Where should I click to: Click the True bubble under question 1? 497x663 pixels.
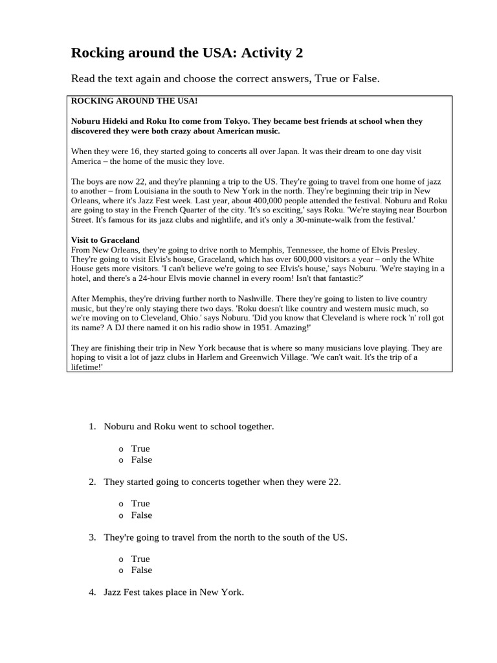121,449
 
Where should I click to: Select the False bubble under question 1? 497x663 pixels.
121,460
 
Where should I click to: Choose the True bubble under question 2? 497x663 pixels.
121,504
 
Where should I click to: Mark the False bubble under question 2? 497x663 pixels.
121,515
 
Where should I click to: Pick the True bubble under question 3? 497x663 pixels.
121,559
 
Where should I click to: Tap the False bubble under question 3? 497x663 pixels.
121,570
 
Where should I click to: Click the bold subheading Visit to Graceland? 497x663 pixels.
105,240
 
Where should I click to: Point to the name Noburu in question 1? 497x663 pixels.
119,427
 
